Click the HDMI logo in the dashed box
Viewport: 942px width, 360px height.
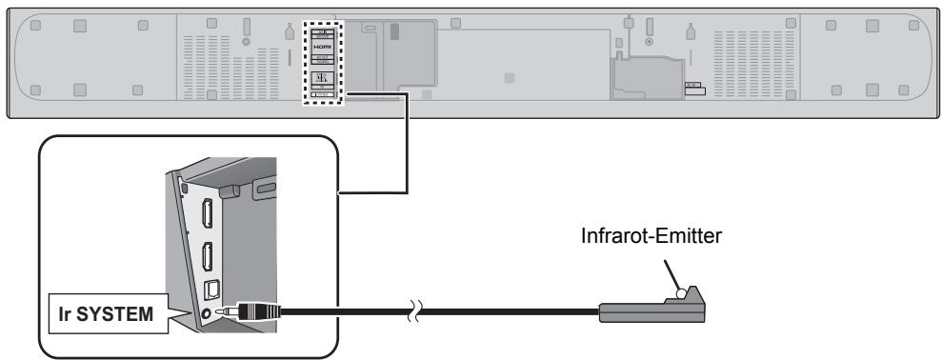click(x=321, y=46)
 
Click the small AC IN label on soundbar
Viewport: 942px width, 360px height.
click(x=693, y=85)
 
